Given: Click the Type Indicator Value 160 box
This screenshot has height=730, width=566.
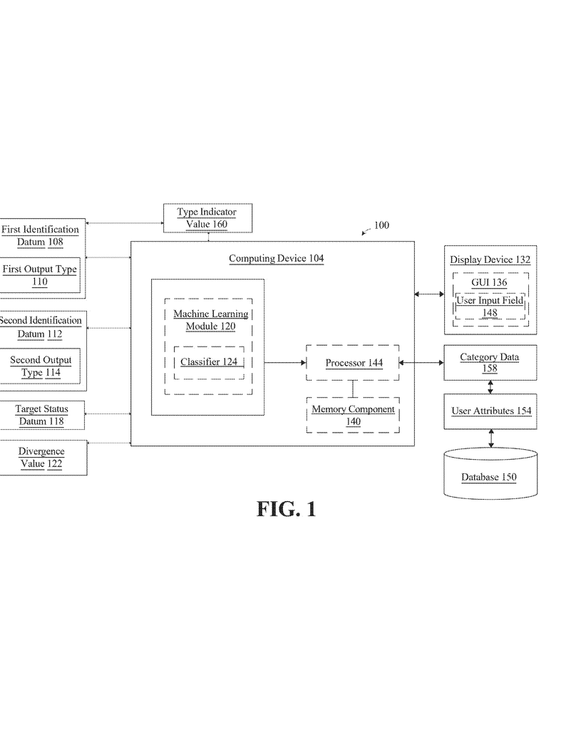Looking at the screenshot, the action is pos(207,218).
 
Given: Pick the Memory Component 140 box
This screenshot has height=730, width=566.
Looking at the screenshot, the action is pos(353,416).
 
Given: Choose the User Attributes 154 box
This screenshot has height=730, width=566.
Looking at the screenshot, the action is pos(490,411).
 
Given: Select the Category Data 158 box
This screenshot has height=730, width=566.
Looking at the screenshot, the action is pos(490,363).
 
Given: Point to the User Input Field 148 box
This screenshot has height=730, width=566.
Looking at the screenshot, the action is pos(490,307).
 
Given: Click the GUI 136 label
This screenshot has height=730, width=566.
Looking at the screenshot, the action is pos(489,282).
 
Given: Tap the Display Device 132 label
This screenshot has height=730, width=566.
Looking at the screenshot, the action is pos(490,259).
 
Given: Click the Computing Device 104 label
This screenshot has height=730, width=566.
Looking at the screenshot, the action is pos(277,258).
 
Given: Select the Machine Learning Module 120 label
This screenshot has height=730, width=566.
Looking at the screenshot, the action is pos(211,320).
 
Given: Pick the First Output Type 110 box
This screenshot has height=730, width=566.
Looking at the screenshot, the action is pos(40,275).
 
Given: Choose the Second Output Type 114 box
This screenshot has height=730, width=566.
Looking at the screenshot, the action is pos(40,366).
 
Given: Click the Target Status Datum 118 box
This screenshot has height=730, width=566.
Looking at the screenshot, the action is pos(42,416).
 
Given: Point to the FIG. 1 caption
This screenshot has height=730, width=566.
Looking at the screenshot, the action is pos(287,509).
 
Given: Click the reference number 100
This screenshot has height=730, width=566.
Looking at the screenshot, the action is pos(381,225).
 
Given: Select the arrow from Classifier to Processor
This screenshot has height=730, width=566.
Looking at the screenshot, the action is pos(285,363).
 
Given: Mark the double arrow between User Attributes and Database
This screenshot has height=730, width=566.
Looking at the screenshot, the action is pos(491,438).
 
